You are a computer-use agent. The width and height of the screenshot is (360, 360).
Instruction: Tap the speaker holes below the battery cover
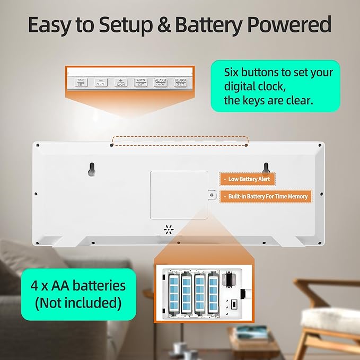(x=169, y=230)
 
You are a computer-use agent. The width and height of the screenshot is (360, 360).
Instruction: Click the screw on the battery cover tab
(x=212, y=196)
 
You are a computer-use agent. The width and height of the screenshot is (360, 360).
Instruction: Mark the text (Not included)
(x=77, y=304)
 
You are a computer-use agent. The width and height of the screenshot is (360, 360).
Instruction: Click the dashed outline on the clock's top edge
(x=180, y=141)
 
